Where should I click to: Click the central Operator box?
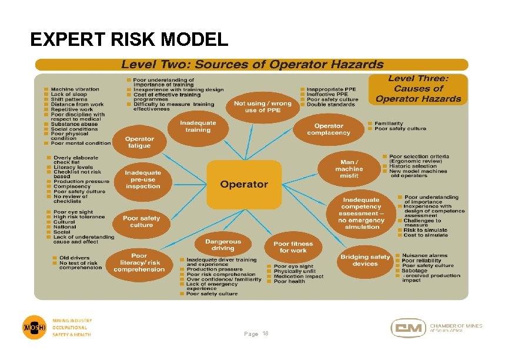click(244, 185)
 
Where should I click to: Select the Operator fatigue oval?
click(139, 142)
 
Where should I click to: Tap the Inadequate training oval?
click(198, 126)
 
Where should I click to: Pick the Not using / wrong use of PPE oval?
click(262, 106)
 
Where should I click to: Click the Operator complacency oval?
click(328, 129)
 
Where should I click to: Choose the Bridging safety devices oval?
click(364, 260)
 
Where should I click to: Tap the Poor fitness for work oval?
click(293, 247)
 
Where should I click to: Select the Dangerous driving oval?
click(223, 245)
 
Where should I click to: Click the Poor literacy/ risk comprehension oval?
click(139, 262)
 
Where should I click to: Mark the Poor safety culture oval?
click(141, 221)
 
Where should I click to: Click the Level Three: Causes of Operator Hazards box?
click(418, 89)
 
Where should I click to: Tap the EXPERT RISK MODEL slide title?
click(129, 39)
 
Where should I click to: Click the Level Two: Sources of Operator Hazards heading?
click(252, 65)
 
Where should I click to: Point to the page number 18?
click(265, 334)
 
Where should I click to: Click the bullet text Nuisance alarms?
click(425, 256)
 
